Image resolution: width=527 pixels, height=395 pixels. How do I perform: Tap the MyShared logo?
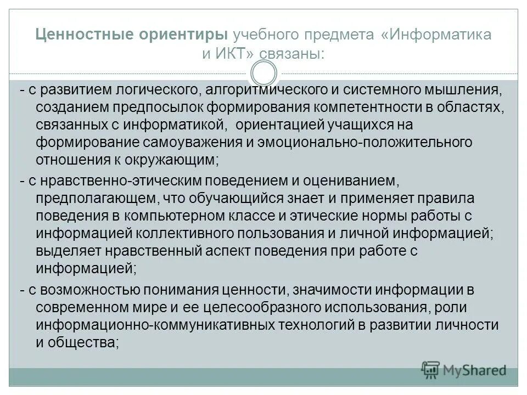464,370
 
